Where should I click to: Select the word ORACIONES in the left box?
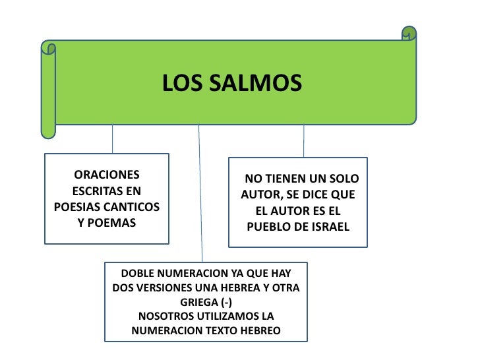[107, 175]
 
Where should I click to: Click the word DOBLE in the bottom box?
[138, 274]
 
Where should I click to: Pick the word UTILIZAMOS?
[226, 316]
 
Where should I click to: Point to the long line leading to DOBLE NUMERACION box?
[200, 198]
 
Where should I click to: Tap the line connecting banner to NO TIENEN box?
[304, 140]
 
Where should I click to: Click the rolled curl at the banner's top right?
[409, 33]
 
